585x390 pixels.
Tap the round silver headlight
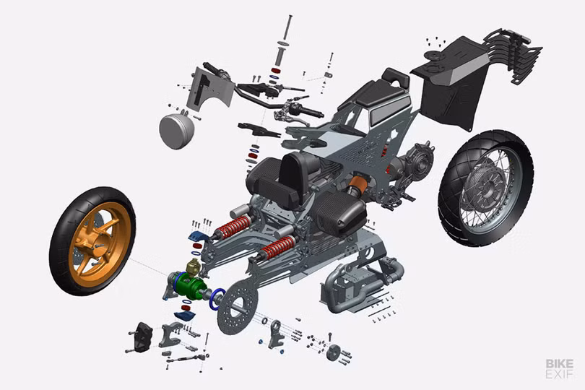[x=176, y=131]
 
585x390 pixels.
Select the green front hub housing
[x=190, y=285]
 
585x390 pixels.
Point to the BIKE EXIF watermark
[x=560, y=369]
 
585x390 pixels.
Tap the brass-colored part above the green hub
[x=194, y=266]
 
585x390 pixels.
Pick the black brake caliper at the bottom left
[x=143, y=337]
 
